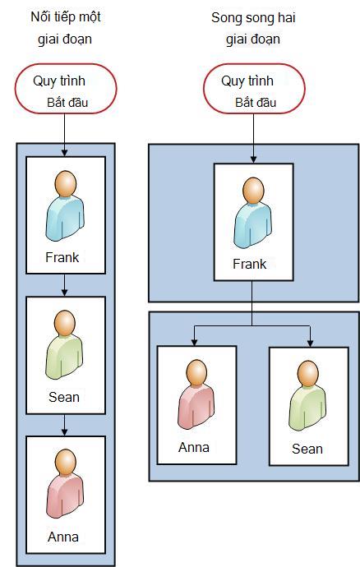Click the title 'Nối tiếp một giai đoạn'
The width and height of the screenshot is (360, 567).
point(66,28)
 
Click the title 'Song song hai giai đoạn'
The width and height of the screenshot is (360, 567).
point(253,28)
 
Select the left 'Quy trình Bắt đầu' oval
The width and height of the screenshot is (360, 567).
point(66,89)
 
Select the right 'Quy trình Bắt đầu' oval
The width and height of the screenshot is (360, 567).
point(254,89)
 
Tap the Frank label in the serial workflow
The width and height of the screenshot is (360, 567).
point(62,257)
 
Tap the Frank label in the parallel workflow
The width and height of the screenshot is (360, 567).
point(250,264)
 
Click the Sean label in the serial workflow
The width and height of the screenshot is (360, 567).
point(64,397)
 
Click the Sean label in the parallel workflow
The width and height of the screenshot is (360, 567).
point(307,449)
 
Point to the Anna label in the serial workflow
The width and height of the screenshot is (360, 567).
point(63,537)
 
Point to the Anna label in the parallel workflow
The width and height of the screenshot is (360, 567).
point(194,447)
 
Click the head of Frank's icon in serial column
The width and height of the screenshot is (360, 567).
point(66,184)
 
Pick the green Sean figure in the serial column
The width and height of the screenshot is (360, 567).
point(64,344)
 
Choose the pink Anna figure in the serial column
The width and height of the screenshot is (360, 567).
point(65,484)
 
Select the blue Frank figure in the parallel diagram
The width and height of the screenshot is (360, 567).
point(253,213)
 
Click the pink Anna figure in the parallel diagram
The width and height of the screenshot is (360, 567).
point(196,395)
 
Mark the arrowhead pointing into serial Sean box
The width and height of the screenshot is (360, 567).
point(64,293)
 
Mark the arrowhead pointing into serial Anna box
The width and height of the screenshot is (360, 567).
point(64,431)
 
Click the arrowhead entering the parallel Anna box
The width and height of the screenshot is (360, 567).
point(194,342)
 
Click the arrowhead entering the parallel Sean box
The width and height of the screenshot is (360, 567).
point(310,343)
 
